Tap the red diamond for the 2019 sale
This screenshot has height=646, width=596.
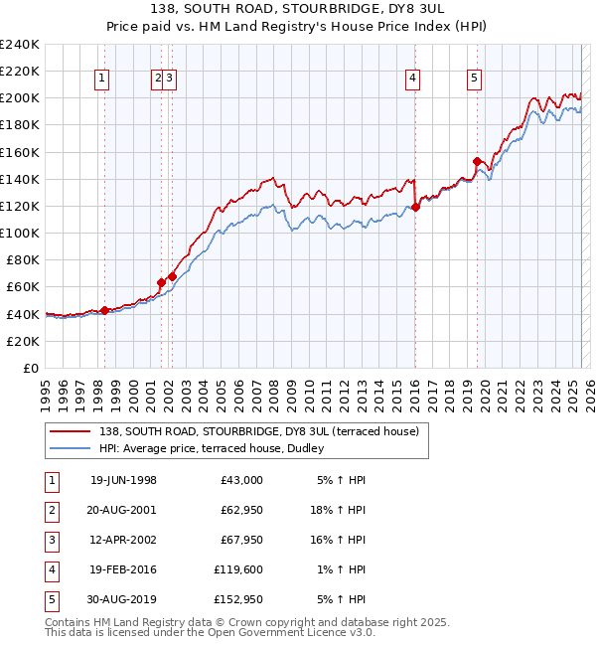pyautogui.click(x=477, y=161)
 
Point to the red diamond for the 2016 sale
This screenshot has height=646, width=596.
pyautogui.click(x=415, y=207)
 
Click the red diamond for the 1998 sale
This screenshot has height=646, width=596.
pyautogui.click(x=104, y=310)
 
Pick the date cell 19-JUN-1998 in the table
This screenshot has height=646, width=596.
pyautogui.click(x=123, y=480)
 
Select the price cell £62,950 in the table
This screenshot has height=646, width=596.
pyautogui.click(x=241, y=510)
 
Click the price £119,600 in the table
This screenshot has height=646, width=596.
pyautogui.click(x=238, y=569)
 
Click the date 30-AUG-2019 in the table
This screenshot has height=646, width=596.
pyautogui.click(x=123, y=599)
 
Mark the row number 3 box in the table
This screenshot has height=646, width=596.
pyautogui.click(x=51, y=540)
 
